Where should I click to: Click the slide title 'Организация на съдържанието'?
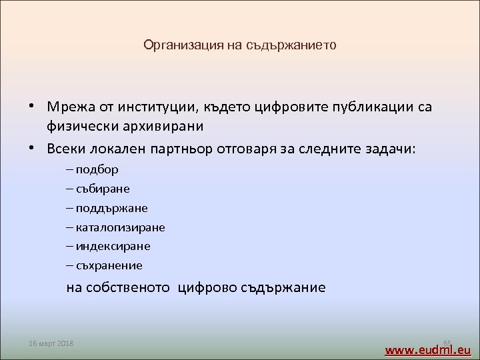click(x=240, y=46)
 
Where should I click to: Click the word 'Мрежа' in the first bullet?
click(x=71, y=107)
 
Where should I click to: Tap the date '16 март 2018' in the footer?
click(x=51, y=343)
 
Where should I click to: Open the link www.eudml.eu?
click(x=428, y=349)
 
